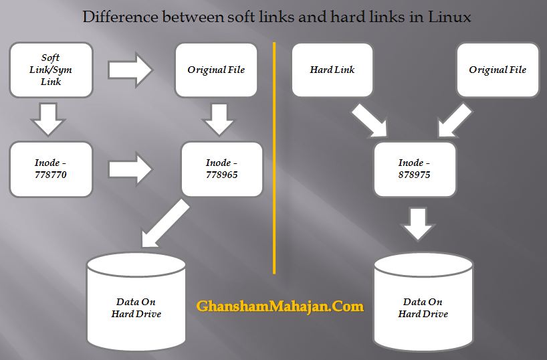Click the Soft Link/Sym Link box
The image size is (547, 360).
coord(51,70)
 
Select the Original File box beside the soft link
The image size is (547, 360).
coord(216,70)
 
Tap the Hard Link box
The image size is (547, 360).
coord(332,70)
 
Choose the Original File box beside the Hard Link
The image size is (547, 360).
coord(498,70)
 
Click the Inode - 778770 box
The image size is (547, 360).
coord(51,169)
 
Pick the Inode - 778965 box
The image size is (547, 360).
coord(222,169)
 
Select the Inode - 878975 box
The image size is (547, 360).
coord(415,169)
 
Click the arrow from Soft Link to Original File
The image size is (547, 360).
coord(130,70)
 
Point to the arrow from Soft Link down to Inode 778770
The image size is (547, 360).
coord(48,119)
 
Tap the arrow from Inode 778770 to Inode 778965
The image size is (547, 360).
coord(131,169)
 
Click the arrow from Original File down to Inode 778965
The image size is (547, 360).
coord(219,119)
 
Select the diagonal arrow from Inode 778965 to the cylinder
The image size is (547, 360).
coord(165,223)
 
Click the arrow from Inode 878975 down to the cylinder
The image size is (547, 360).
coord(418,224)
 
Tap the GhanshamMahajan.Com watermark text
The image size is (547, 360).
coord(280,306)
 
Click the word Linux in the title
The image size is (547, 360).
coord(449,17)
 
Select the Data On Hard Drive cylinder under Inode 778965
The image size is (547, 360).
coord(136,302)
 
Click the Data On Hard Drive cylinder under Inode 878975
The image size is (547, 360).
coord(423,302)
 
